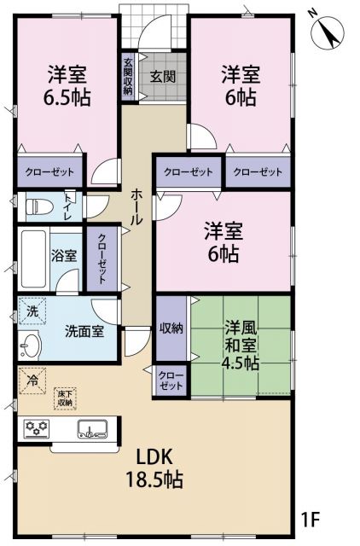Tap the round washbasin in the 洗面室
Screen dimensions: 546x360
tap(31, 346)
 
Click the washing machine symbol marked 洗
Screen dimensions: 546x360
tap(30, 311)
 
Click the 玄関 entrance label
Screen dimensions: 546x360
tap(163, 76)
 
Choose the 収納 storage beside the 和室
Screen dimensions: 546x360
tap(169, 328)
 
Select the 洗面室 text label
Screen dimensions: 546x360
tap(84, 331)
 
